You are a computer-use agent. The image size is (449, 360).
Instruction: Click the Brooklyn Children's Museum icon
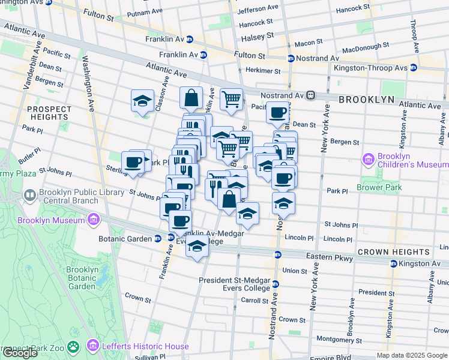point(369,160)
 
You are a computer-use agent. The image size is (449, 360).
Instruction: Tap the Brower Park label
point(373,187)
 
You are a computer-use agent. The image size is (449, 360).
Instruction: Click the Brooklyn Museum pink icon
point(92,220)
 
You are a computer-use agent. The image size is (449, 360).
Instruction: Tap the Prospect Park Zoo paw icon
point(74,346)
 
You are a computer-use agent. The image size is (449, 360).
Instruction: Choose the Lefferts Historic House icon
point(92,346)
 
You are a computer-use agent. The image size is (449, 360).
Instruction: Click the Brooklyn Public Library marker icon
point(29,196)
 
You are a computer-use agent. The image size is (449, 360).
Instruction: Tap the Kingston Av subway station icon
point(393,263)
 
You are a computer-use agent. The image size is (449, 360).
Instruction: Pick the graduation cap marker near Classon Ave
point(142,101)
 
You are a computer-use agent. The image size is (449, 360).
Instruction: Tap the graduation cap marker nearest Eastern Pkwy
point(197,247)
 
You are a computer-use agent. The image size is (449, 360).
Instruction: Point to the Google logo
point(20,353)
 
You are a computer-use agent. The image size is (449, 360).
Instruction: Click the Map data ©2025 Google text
point(412,355)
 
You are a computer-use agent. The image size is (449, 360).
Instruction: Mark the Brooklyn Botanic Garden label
point(82,278)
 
